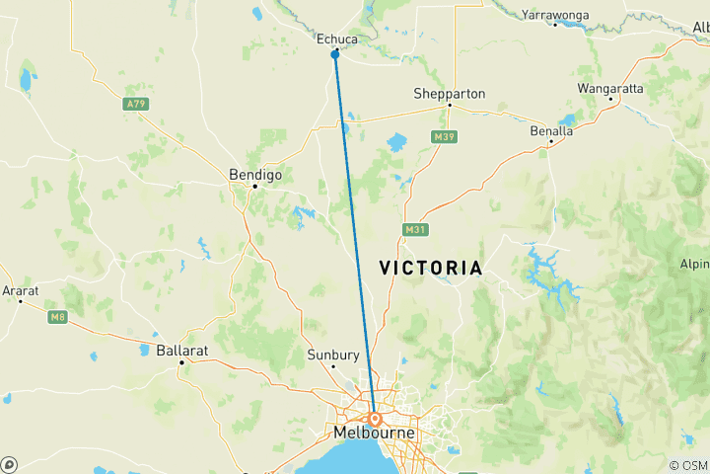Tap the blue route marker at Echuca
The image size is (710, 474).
click(335, 54)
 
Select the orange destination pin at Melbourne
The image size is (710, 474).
click(376, 419)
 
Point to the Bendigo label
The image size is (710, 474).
click(254, 174)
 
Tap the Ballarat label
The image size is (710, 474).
click(181, 351)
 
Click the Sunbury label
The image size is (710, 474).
click(333, 355)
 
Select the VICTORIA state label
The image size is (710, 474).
click(431, 268)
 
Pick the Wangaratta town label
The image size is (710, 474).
click(610, 88)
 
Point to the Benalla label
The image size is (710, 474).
click(551, 130)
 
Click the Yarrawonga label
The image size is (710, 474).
click(555, 15)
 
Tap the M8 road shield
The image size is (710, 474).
click(56, 316)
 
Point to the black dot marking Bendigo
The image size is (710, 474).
click(254, 186)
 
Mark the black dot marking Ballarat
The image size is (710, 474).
click(181, 362)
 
